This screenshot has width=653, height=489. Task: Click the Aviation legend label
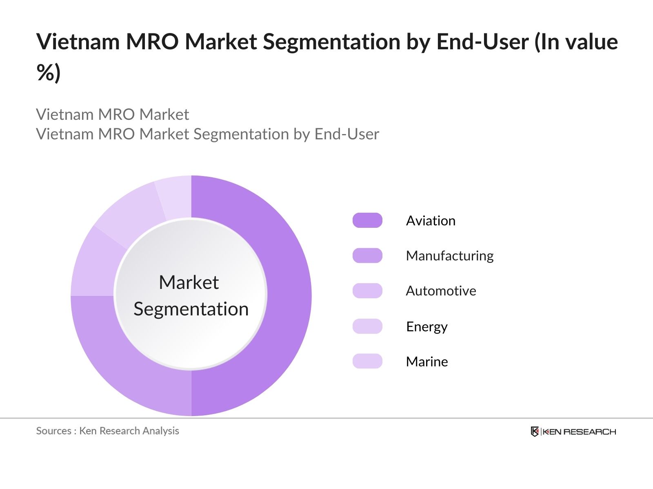pos(431,220)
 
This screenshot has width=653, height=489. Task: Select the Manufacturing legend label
pos(449,256)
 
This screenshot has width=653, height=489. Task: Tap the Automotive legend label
pos(441,291)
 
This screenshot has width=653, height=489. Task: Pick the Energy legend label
pos(426,326)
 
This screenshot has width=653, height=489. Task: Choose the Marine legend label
pos(426,361)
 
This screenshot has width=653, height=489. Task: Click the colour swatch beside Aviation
pos(367,220)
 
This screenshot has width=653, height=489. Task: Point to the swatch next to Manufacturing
pos(367,256)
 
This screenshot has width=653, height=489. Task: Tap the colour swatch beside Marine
pos(367,361)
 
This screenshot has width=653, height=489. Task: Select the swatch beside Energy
pos(367,326)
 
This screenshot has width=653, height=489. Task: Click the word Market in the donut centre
pos(189,282)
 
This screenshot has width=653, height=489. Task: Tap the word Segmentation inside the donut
pos(191,309)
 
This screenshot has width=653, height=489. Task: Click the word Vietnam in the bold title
pos(78,42)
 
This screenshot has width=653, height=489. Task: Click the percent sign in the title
pos(45,73)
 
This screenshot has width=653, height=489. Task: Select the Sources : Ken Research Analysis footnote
pos(107,431)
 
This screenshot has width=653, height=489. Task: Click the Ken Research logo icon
pos(535,432)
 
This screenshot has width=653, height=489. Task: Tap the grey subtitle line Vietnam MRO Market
pos(112,115)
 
